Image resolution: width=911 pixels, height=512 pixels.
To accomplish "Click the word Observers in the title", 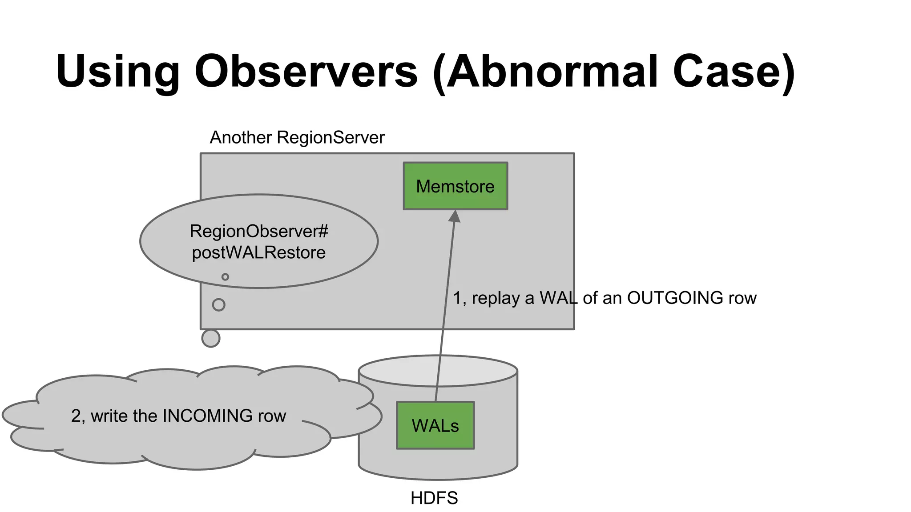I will click(306, 71).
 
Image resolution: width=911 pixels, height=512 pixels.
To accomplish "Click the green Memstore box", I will click(455, 186).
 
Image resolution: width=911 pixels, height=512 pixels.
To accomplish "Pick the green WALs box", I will click(435, 426).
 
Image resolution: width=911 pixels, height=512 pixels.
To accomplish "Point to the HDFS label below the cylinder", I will click(434, 498).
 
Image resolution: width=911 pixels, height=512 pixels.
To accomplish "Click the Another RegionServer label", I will click(297, 138).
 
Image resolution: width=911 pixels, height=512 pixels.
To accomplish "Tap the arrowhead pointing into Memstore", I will click(455, 217).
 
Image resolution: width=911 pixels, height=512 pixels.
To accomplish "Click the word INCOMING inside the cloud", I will click(208, 416).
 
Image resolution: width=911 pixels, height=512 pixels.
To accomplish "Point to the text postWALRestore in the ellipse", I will click(259, 253).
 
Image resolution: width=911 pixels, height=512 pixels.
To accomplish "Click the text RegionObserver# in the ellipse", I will click(259, 232).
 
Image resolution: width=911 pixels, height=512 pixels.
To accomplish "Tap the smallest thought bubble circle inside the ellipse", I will click(225, 277).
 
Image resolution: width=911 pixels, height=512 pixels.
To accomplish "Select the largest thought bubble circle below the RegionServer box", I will click(211, 338).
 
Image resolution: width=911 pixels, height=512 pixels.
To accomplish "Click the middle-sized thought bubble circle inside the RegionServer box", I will click(218, 305).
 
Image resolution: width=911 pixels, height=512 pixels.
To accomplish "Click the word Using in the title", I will click(118, 71).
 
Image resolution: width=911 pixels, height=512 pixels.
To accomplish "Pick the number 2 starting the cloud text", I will click(76, 416).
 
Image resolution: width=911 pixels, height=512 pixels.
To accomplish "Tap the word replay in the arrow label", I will click(496, 298).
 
